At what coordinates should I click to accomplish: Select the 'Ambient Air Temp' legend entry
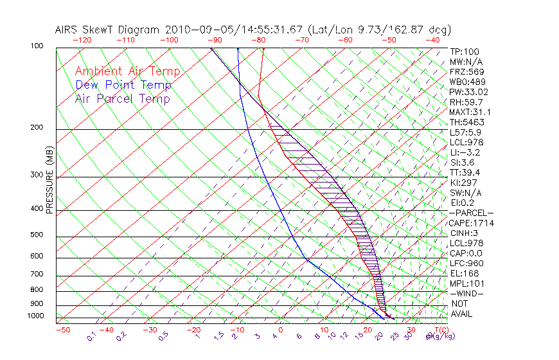(x=127, y=71)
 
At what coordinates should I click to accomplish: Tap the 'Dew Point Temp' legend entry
(x=123, y=85)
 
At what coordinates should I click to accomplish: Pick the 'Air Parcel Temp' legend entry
(x=123, y=98)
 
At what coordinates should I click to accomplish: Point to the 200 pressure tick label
(x=37, y=128)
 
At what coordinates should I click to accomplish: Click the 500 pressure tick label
(x=37, y=235)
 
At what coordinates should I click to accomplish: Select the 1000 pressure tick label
(x=35, y=316)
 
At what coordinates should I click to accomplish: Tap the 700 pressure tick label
(x=37, y=274)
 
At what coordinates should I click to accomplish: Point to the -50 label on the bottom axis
(x=62, y=330)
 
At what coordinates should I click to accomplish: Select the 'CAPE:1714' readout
(x=469, y=223)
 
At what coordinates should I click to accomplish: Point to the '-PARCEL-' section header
(x=471, y=213)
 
